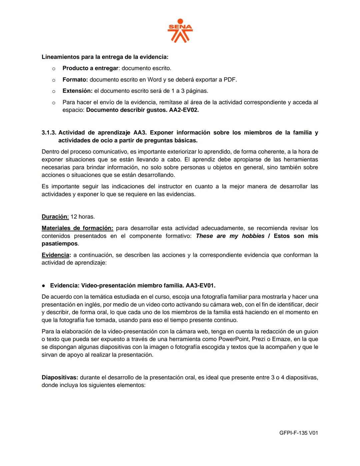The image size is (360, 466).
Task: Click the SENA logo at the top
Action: pos(180,31)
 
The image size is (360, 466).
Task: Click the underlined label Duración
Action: pos(55,217)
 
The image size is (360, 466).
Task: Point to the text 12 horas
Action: pos(83,217)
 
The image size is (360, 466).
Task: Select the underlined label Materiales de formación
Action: pos(77,228)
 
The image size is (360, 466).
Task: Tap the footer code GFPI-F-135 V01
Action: pos(299,433)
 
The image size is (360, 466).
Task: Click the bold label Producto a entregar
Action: pos(90,68)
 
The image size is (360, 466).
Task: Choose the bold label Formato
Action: pos(75,80)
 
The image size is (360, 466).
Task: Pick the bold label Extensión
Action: pos(77,91)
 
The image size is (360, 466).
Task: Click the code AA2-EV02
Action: pos(182,110)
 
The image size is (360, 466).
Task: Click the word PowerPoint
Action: pos(235,339)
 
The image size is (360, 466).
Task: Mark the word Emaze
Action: pos(281,339)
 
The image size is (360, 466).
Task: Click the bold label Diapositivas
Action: pos(60,378)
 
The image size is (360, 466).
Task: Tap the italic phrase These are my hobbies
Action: pos(230,236)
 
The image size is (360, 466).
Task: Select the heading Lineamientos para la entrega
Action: pos(105,57)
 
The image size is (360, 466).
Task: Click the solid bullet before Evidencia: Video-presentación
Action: pos(44,286)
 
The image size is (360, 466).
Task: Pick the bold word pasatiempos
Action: pos(59,244)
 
